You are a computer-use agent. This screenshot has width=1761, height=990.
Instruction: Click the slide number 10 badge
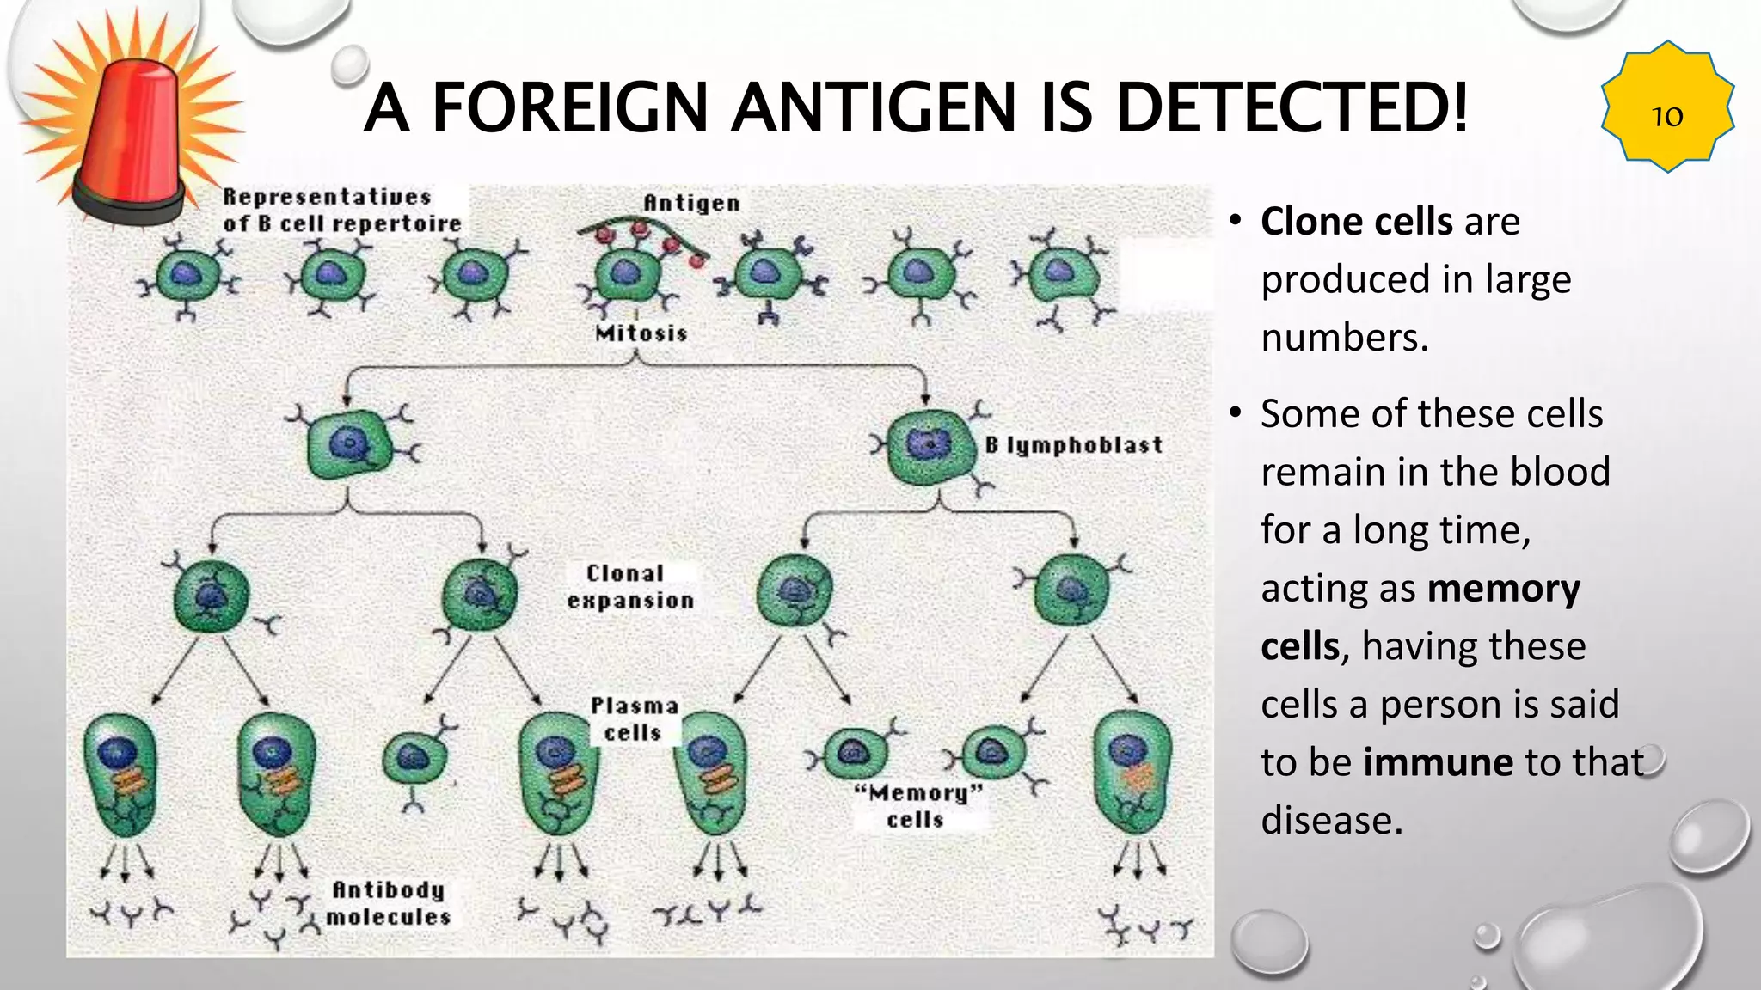pyautogui.click(x=1667, y=107)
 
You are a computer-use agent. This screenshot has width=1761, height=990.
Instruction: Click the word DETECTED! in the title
pyautogui.click(x=1292, y=107)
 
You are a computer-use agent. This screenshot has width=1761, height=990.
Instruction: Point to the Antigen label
pyautogui.click(x=691, y=203)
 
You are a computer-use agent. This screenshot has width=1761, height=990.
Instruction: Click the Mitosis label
pyautogui.click(x=641, y=333)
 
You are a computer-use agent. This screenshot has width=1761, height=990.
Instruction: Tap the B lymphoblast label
pyautogui.click(x=1073, y=445)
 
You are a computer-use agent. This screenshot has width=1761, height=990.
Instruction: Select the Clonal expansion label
pyautogui.click(x=629, y=587)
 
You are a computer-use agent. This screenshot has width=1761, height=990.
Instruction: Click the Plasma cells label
pyautogui.click(x=634, y=719)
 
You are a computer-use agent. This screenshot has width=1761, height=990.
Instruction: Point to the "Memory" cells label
pyautogui.click(x=917, y=806)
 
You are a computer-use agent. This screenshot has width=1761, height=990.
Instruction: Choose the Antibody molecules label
pyautogui.click(x=389, y=903)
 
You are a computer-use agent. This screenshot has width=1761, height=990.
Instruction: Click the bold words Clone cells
pyautogui.click(x=1356, y=222)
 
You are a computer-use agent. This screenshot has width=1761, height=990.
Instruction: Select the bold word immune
pyautogui.click(x=1439, y=762)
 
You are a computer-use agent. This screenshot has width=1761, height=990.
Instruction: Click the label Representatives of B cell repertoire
pyautogui.click(x=342, y=210)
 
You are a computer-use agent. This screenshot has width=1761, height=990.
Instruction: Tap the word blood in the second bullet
pyautogui.click(x=1560, y=472)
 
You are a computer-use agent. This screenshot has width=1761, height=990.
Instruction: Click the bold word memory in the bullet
pyautogui.click(x=1504, y=590)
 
